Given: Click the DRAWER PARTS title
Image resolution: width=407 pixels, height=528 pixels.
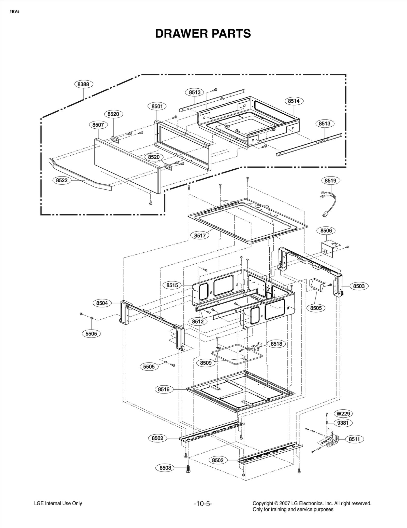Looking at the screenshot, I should (203, 34).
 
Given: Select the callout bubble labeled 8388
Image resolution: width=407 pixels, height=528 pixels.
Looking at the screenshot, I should (83, 84).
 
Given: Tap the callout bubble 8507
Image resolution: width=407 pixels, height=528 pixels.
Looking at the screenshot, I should (98, 125).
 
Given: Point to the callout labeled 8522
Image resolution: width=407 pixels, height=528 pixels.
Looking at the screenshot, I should (62, 180).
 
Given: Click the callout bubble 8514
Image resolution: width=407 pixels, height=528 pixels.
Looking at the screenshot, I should (294, 101).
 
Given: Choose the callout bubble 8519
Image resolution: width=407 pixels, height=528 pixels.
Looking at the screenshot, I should (330, 181).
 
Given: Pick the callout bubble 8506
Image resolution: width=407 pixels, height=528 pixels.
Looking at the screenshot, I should (326, 231).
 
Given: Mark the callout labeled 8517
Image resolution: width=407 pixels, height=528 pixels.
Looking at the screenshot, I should (200, 236).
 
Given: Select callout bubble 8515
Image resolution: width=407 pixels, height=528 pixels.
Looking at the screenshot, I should (172, 285).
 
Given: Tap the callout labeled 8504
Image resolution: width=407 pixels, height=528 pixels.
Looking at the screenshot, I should (102, 303).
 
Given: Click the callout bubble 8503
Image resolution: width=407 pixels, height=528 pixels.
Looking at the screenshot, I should (359, 286).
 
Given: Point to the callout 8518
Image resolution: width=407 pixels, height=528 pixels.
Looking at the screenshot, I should (276, 344).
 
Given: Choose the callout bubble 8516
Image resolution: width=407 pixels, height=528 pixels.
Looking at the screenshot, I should (164, 389).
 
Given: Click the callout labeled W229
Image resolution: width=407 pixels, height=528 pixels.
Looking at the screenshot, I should (343, 414).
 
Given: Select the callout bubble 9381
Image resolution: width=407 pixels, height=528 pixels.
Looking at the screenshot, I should (343, 423).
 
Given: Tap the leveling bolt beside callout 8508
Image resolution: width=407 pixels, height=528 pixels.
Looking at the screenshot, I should (188, 468).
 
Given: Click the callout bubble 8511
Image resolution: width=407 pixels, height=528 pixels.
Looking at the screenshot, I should (354, 439).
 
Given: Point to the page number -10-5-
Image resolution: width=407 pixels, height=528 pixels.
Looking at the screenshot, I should (203, 504).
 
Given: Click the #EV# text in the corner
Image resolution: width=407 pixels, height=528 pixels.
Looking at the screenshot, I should (14, 12).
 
